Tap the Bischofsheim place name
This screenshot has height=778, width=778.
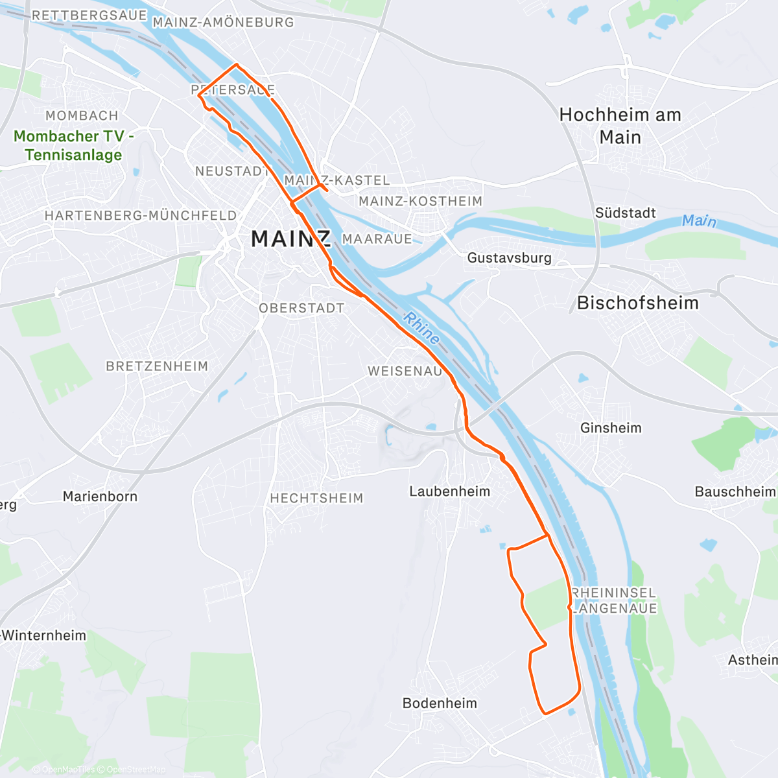click(637, 303)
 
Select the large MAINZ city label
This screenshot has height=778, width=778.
click(291, 239)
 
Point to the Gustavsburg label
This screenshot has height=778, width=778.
click(509, 257)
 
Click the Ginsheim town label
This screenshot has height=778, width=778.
click(611, 428)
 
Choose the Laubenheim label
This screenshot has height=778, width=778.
click(449, 491)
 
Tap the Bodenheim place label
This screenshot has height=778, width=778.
click(440, 703)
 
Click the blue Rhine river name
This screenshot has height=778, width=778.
click(421, 328)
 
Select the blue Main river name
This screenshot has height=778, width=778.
click(699, 221)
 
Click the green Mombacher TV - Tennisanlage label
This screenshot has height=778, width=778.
click(73, 145)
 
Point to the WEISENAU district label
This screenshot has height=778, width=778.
click(405, 371)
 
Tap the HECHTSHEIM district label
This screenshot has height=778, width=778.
click(316, 498)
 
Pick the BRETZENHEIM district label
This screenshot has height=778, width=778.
click(157, 366)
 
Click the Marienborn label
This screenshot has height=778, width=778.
click(100, 497)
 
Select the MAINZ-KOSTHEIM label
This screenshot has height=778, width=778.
click(420, 201)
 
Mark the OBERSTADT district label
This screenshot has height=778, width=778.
click(301, 308)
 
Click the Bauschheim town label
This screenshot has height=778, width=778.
click(735, 491)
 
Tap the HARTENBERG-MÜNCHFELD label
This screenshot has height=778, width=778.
click(141, 215)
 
